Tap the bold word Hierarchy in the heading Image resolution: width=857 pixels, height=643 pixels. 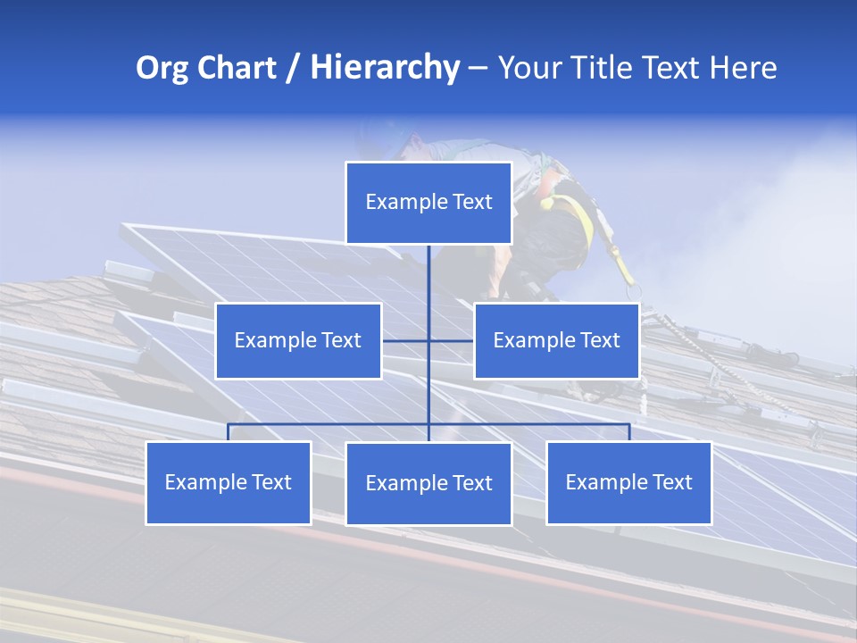pyautogui.click(x=384, y=68)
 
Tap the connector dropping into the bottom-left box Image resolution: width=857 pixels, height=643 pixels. pyautogui.click(x=229, y=432)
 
